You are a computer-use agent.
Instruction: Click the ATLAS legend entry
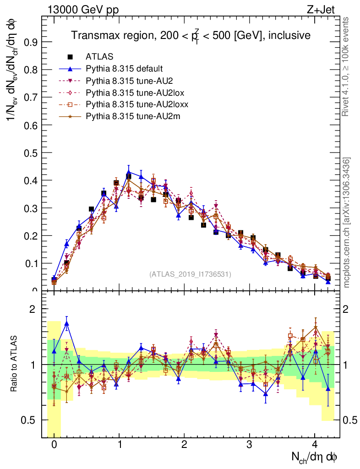point(99,57)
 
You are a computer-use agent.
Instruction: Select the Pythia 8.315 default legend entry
point(124,69)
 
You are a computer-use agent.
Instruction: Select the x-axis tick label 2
point(185,444)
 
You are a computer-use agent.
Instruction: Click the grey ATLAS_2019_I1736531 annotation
point(190,274)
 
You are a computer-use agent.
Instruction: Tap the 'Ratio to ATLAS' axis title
point(14,365)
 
